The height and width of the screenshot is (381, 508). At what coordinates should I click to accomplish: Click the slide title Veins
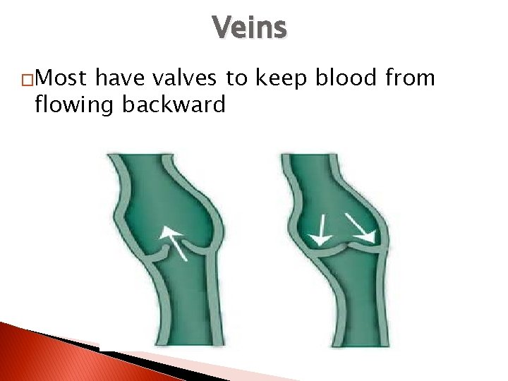pos(249,28)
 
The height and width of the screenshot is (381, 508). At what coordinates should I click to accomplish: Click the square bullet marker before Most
pos(27,80)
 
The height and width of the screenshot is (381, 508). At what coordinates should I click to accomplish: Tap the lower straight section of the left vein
pos(183,310)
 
